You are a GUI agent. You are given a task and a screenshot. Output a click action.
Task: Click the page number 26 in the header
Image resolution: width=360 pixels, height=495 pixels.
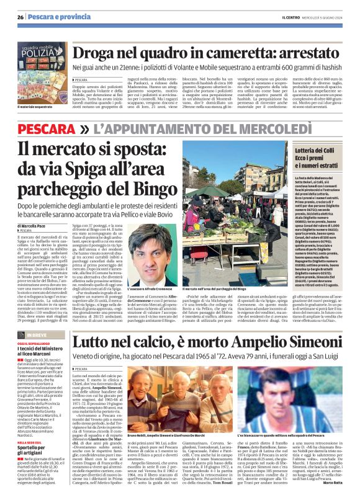click(x=20, y=16)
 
